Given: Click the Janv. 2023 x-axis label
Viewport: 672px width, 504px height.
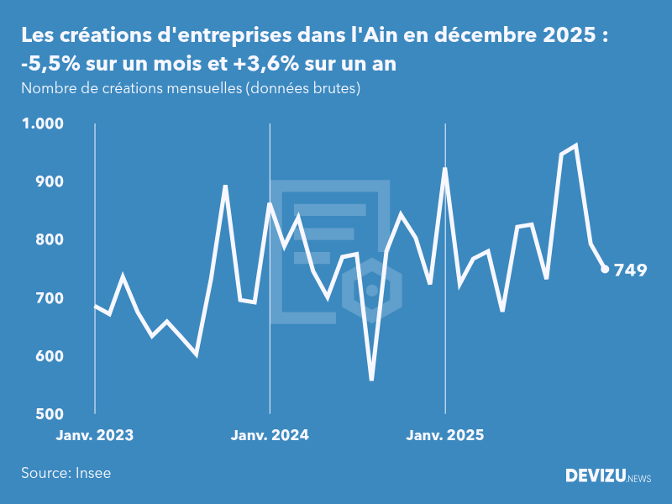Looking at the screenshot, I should coord(95,435).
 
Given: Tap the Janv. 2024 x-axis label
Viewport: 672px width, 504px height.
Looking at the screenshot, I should coord(270,435).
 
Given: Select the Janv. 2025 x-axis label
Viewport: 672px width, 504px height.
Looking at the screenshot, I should coord(445,435).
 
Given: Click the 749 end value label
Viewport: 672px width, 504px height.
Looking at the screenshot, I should coord(630,270).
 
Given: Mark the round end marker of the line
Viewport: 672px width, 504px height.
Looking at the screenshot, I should coord(605,269).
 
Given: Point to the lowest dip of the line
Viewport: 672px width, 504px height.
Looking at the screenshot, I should coord(371,379).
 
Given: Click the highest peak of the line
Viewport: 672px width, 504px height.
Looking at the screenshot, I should coord(575,146).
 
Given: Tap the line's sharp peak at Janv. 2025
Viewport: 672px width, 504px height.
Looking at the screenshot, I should coord(444,169).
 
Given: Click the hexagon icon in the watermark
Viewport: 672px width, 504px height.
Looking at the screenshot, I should coord(371,291).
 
